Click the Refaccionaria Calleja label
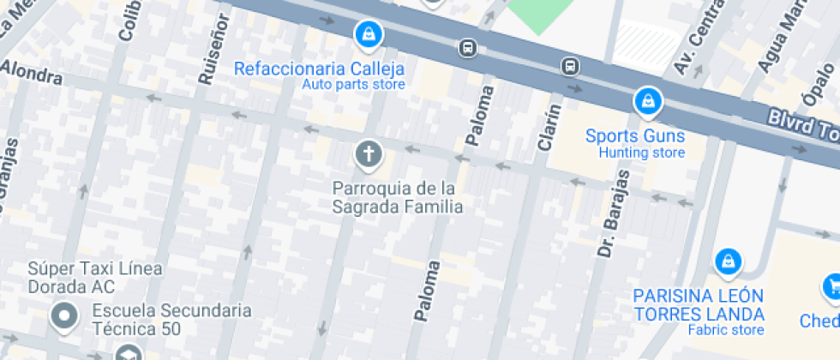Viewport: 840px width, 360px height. click(x=319, y=69)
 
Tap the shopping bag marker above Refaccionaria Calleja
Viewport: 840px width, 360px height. click(x=369, y=34)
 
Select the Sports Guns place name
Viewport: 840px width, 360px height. click(x=635, y=135)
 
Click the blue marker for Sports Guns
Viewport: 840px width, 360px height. click(x=648, y=101)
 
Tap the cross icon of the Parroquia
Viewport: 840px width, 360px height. click(x=369, y=155)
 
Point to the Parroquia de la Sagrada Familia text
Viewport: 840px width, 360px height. click(x=397, y=197)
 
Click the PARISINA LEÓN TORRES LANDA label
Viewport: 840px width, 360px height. click(x=699, y=304)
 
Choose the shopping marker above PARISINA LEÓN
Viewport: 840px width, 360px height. click(x=728, y=261)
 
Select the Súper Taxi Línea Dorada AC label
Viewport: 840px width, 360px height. click(x=94, y=277)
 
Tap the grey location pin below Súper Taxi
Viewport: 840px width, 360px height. click(x=64, y=316)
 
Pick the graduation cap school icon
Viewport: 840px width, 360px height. click(x=128, y=353)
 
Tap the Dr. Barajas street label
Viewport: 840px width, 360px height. click(x=613, y=213)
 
